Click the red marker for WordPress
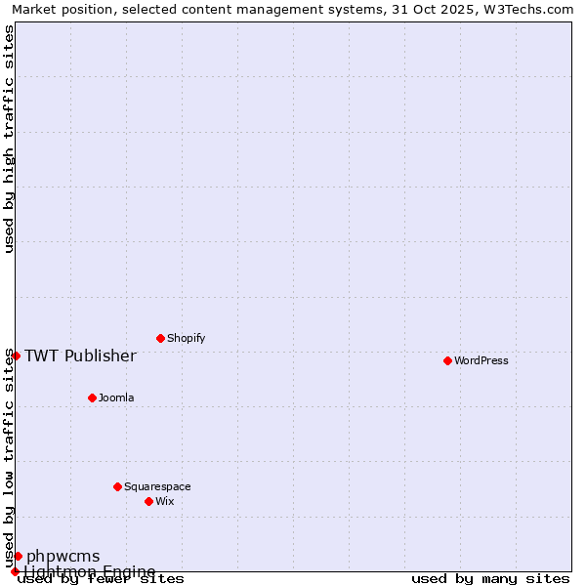click(447, 360)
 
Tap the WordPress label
click(481, 360)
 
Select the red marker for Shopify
click(160, 338)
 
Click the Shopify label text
click(186, 338)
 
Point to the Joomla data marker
click(92, 398)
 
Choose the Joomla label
click(116, 398)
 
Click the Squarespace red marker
click(117, 486)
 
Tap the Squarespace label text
click(157, 486)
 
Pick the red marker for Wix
click(148, 501)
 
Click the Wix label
click(164, 501)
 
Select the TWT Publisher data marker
click(16, 356)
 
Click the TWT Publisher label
click(80, 356)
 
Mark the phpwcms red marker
click(18, 556)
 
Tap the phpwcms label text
click(63, 557)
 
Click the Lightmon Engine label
click(89, 571)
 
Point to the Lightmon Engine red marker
click(15, 571)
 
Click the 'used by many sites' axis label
click(490, 579)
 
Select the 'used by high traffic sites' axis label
click(9, 139)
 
